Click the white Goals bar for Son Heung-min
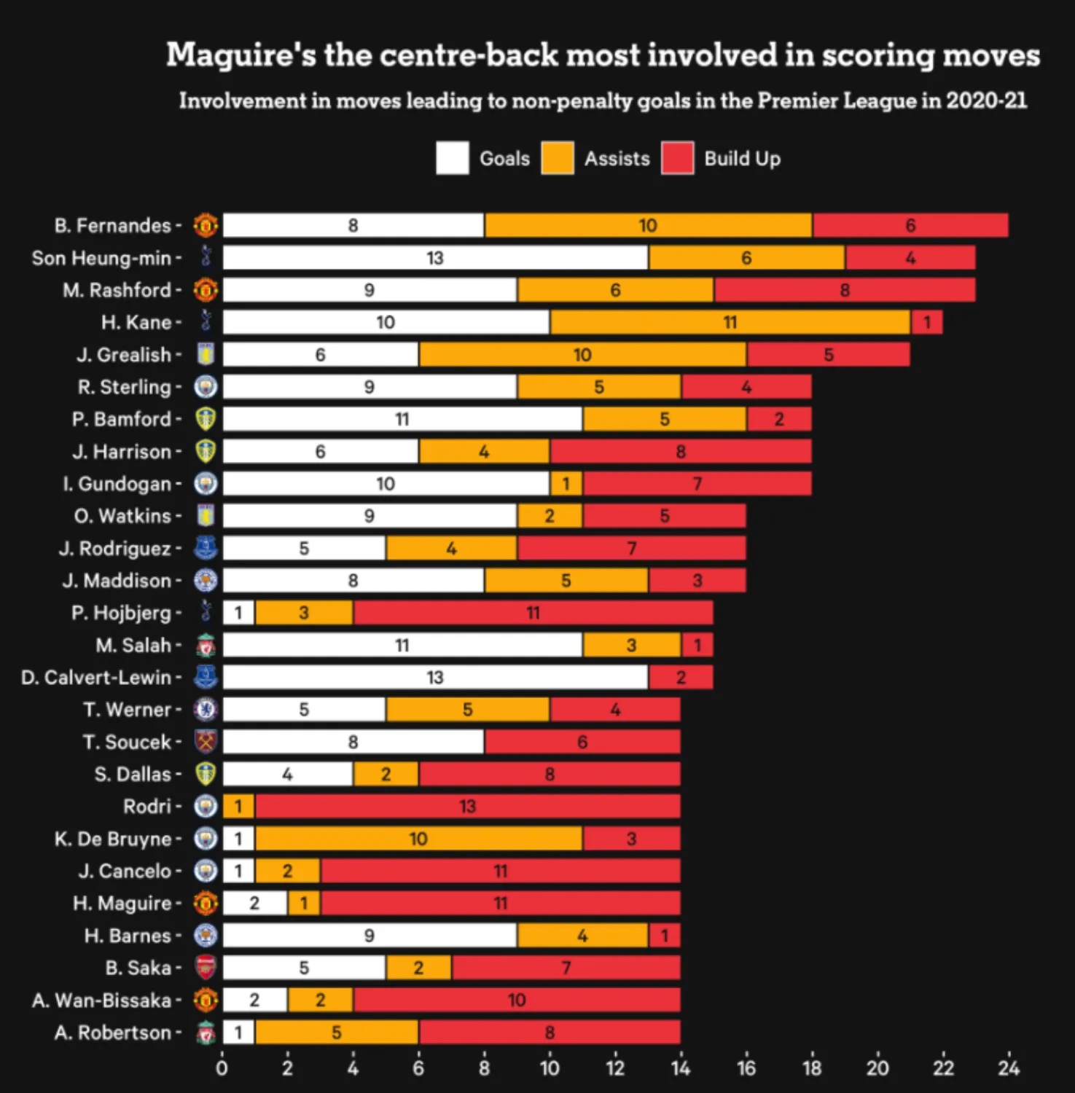[x=435, y=258]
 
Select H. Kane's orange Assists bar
[x=730, y=322]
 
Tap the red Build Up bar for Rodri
[x=467, y=807]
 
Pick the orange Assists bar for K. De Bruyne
[x=418, y=839]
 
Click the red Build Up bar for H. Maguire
[x=500, y=904]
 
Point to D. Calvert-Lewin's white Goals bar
[x=435, y=678]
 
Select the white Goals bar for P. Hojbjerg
[x=238, y=613]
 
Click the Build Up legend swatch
[x=677, y=159]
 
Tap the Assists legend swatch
[x=558, y=159]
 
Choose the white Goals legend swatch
[x=453, y=159]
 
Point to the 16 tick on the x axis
[x=746, y=1068]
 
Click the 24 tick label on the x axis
[x=1009, y=1068]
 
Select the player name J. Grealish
[x=124, y=355]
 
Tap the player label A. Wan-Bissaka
[x=101, y=1000]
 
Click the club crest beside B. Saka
[x=206, y=968]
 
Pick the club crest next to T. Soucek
[x=206, y=742]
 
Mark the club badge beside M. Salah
[x=206, y=645]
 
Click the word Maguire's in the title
[x=241, y=55]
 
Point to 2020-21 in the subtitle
[x=987, y=101]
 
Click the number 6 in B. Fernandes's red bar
[x=910, y=226]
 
